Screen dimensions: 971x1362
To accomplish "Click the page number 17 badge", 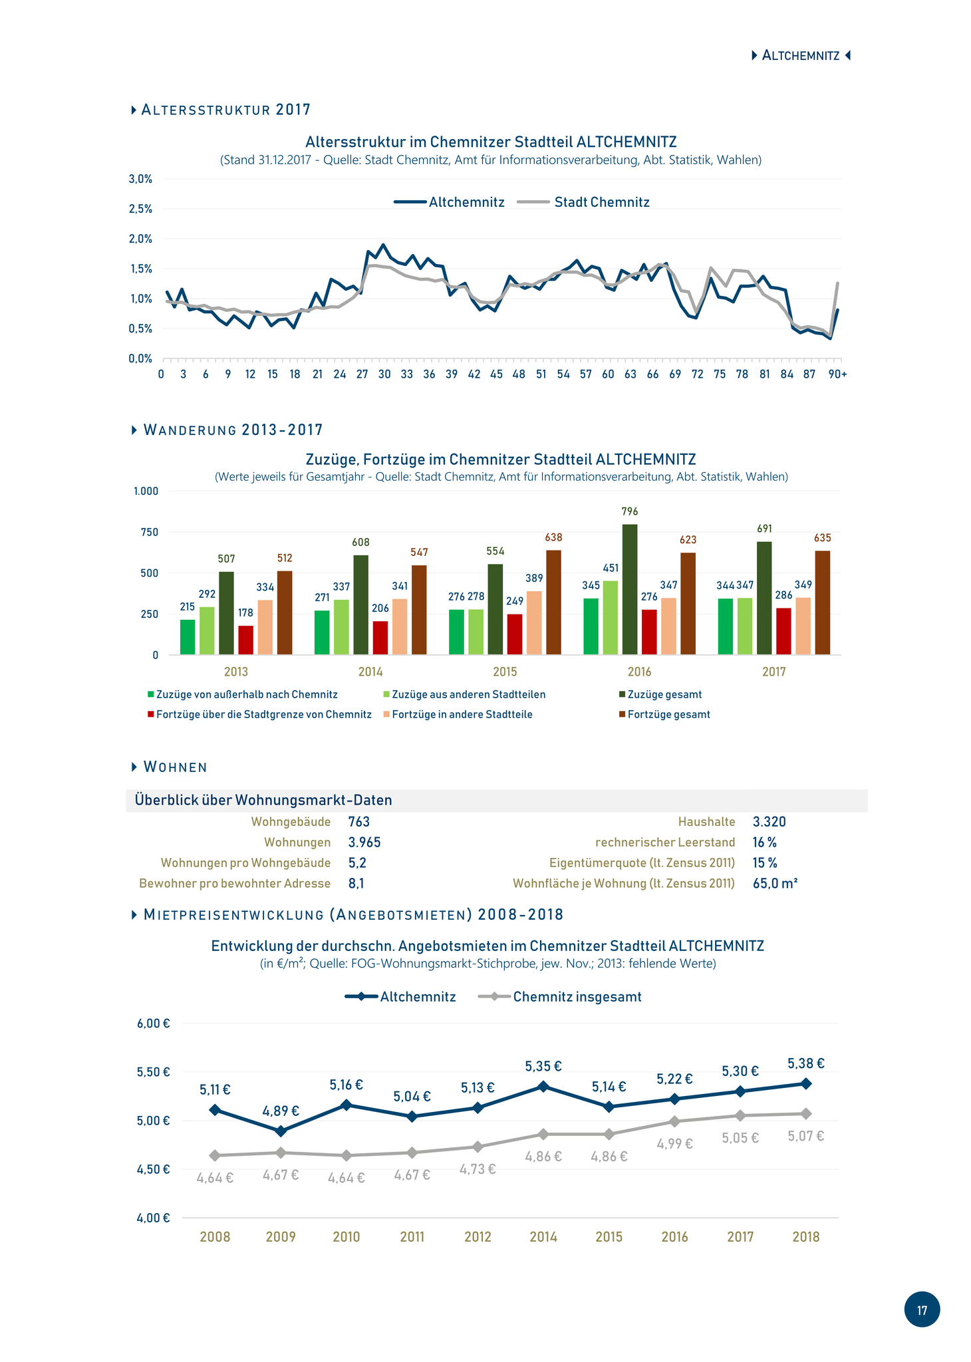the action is click(x=922, y=1309).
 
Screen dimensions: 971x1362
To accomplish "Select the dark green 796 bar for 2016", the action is click(x=630, y=589).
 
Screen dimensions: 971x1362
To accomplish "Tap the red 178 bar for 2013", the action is click(x=245, y=640).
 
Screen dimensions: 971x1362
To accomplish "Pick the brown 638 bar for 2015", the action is click(x=553, y=603).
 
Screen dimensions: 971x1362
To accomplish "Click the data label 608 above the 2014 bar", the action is click(x=360, y=543).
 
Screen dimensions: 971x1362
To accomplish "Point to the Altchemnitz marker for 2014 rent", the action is click(x=543, y=1086).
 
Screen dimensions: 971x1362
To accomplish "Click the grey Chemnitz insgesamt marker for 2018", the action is click(x=806, y=1113).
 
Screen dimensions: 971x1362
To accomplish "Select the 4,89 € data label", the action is click(x=281, y=1111).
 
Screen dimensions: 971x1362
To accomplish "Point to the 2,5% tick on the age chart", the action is click(x=140, y=209).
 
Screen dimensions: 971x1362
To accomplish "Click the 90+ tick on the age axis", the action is click(x=837, y=374).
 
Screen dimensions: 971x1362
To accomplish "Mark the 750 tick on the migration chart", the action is click(x=150, y=532).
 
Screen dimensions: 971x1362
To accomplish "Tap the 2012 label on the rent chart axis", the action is click(x=478, y=1237).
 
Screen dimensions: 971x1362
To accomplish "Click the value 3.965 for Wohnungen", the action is click(x=364, y=843).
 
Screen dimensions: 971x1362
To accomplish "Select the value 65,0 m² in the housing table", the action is click(x=775, y=883).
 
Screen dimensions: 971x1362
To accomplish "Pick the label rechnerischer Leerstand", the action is click(x=665, y=843).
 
